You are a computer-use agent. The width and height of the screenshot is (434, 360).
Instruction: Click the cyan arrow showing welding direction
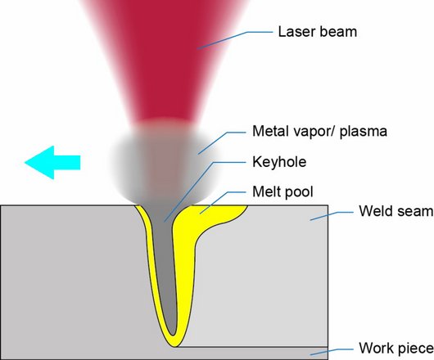(52, 162)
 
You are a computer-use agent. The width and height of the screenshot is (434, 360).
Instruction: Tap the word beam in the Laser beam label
(338, 32)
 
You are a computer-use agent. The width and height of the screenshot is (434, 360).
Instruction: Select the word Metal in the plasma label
(271, 131)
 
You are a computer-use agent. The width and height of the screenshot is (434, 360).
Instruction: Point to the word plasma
(363, 132)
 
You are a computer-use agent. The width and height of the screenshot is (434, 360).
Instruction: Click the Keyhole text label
(279, 161)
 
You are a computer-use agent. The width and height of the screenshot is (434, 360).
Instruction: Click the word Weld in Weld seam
(376, 211)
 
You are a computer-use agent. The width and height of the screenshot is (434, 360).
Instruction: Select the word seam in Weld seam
(414, 212)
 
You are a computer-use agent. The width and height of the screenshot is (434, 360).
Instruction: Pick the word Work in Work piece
(376, 348)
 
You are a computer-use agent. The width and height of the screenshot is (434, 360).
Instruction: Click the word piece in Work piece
(415, 349)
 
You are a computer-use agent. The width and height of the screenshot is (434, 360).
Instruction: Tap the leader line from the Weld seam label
(332, 215)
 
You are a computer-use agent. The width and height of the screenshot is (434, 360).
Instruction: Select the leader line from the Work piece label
(332, 351)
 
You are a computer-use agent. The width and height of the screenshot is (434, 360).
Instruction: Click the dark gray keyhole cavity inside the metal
(164, 263)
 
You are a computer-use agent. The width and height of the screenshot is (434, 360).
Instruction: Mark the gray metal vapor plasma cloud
(164, 162)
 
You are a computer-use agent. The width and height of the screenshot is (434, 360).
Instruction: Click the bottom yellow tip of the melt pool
(174, 345)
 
